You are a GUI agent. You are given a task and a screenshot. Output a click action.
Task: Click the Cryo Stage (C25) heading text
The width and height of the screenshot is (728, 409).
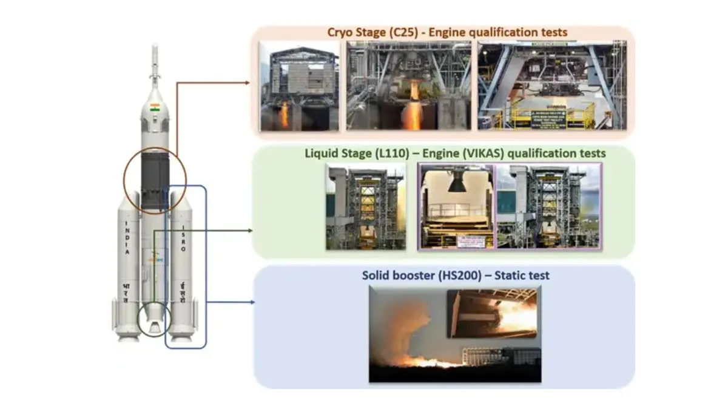pyautogui.click(x=447, y=32)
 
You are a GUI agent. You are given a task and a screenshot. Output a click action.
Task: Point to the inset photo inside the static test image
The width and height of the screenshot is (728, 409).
pyautogui.click(x=491, y=313)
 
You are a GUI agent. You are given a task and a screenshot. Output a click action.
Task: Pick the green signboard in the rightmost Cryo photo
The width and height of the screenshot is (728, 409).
pyautogui.click(x=549, y=116)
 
